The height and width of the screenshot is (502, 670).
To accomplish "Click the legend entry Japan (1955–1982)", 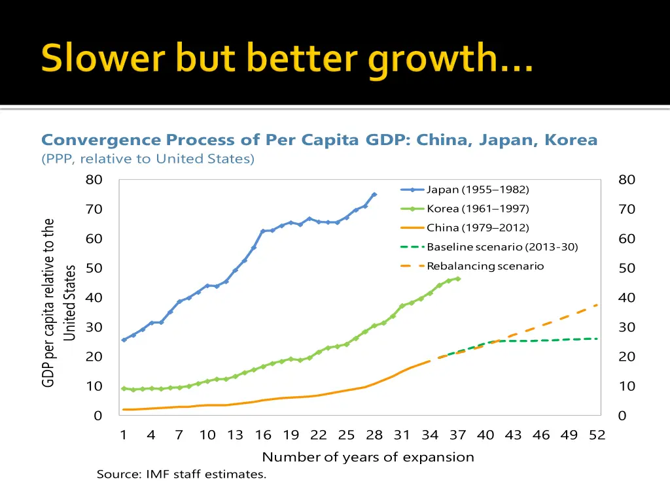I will [x=478, y=190].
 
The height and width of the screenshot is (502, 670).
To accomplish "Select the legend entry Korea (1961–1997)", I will [x=478, y=209].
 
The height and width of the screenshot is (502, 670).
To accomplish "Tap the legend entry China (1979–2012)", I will [x=478, y=228].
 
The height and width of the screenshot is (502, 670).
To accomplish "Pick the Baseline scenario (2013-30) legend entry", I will [x=502, y=247].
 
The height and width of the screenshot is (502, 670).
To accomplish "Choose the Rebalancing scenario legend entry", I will [x=485, y=266].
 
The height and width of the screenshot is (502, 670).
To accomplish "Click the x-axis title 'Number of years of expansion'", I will [x=368, y=457].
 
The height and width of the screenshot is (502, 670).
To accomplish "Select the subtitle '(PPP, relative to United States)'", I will [x=148, y=159].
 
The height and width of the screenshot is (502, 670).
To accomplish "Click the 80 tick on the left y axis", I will [x=94, y=180].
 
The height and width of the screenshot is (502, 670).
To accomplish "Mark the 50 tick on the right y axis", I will [x=627, y=269].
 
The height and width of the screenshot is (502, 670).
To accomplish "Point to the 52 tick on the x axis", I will [x=597, y=435].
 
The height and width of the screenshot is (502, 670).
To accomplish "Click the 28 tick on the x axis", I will [x=374, y=435].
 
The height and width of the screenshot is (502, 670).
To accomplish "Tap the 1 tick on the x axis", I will [x=124, y=435].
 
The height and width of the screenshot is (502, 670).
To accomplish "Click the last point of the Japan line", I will [x=374, y=194].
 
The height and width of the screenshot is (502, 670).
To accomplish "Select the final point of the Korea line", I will [x=457, y=278].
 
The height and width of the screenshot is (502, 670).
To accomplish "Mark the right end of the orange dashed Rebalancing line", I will [x=597, y=305].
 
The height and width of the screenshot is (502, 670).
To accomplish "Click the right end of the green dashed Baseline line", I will [x=597, y=339].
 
